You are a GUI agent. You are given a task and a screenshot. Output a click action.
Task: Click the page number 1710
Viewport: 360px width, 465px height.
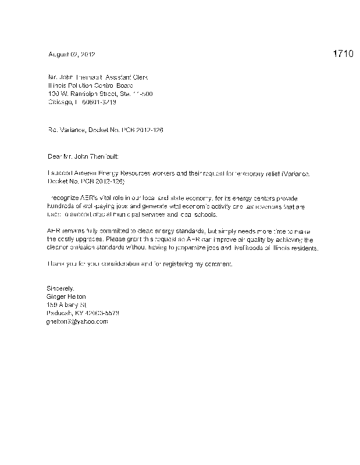tap(343, 54)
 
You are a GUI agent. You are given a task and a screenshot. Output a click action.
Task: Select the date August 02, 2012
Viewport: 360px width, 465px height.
tap(72, 54)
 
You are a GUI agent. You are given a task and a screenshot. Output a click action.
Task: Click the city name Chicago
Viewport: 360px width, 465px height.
tap(59, 102)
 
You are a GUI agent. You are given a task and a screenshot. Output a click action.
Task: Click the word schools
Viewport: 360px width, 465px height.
tap(205, 215)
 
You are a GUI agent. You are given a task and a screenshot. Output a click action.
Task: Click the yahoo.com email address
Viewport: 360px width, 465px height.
tap(77, 321)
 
